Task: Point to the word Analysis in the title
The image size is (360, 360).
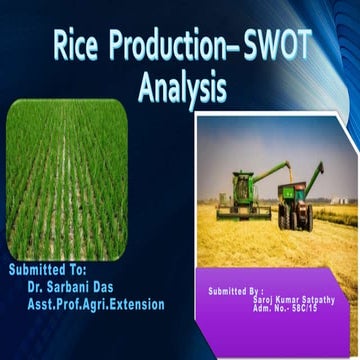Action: pyautogui.click(x=181, y=91)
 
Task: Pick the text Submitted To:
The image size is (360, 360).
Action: pyautogui.click(x=49, y=269)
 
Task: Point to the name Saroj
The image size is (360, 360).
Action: pyautogui.click(x=261, y=298)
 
